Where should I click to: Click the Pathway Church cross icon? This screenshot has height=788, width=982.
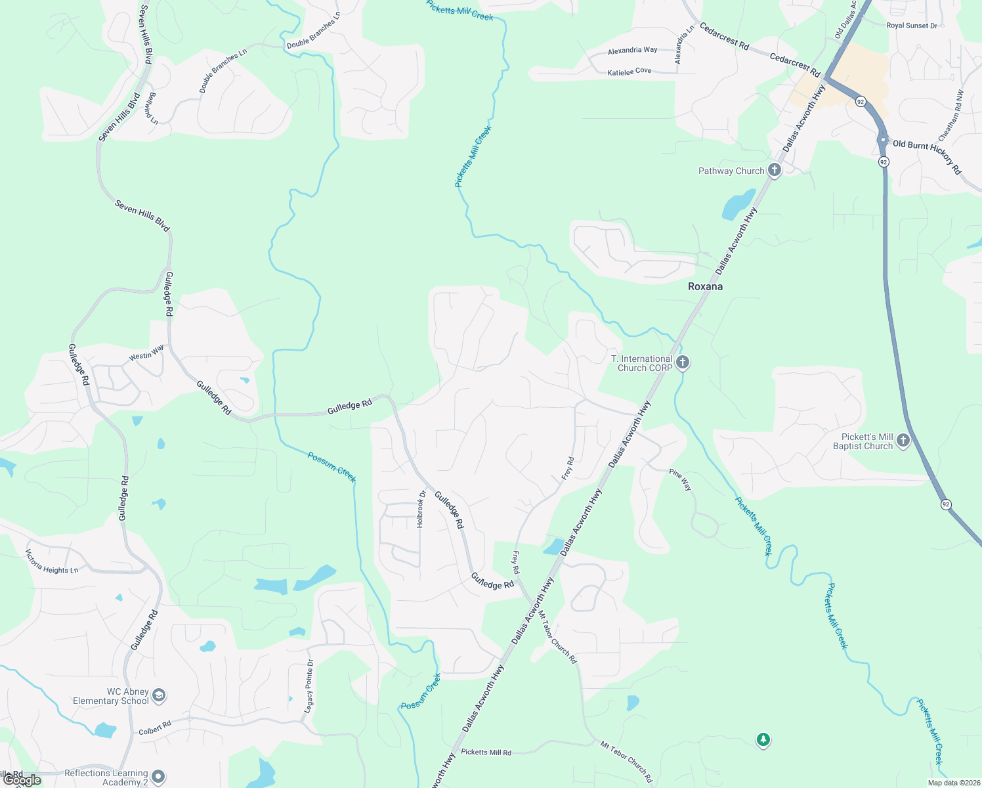pyautogui.click(x=775, y=170)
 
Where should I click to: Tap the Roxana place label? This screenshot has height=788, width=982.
pyautogui.click(x=705, y=286)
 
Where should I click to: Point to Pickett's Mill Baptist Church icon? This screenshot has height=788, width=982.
pyautogui.click(x=903, y=441)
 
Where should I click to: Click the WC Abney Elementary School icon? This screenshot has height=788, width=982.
pyautogui.click(x=159, y=695)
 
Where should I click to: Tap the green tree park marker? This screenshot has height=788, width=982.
pyautogui.click(x=763, y=740)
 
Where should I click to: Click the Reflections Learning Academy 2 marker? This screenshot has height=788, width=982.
pyautogui.click(x=158, y=776)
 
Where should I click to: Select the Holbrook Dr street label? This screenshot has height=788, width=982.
pyautogui.click(x=421, y=510)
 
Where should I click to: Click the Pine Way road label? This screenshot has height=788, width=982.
pyautogui.click(x=681, y=479)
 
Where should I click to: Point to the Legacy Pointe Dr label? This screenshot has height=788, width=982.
pyautogui.click(x=309, y=687)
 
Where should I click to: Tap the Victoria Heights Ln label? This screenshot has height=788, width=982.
pyautogui.click(x=52, y=561)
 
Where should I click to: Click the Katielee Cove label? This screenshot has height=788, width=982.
pyautogui.click(x=629, y=72)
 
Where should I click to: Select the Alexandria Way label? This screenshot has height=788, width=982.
pyautogui.click(x=632, y=50)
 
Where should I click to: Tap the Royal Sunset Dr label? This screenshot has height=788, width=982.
pyautogui.click(x=911, y=26)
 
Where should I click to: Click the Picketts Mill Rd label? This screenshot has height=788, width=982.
pyautogui.click(x=486, y=752)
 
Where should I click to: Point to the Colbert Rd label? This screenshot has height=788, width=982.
pyautogui.click(x=155, y=728)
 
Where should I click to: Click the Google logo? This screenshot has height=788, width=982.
pyautogui.click(x=22, y=780)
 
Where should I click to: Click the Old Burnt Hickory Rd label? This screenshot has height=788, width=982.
pyautogui.click(x=927, y=155)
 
